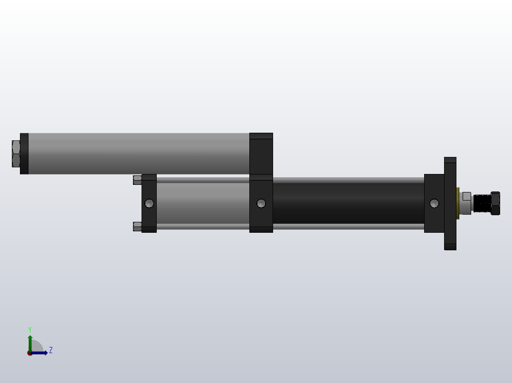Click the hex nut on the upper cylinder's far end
pos(16,154)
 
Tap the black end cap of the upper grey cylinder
pos(24,154)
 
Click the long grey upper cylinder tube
pos(138,153)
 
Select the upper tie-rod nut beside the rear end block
pos(137,180)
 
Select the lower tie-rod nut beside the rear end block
pos(137,226)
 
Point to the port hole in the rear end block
pos(149,203)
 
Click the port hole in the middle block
pos(261,203)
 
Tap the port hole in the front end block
pos(434,203)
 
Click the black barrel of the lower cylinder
pos(348,203)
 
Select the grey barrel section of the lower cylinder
pos(203,203)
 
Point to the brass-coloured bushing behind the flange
pos(458,203)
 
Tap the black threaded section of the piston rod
pos(482,203)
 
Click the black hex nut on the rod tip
pos(495,203)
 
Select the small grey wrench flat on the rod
pos(466,196)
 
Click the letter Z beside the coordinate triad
pos(50,350)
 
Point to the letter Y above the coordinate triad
pos(30,329)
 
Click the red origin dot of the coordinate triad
pos(30,353)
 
